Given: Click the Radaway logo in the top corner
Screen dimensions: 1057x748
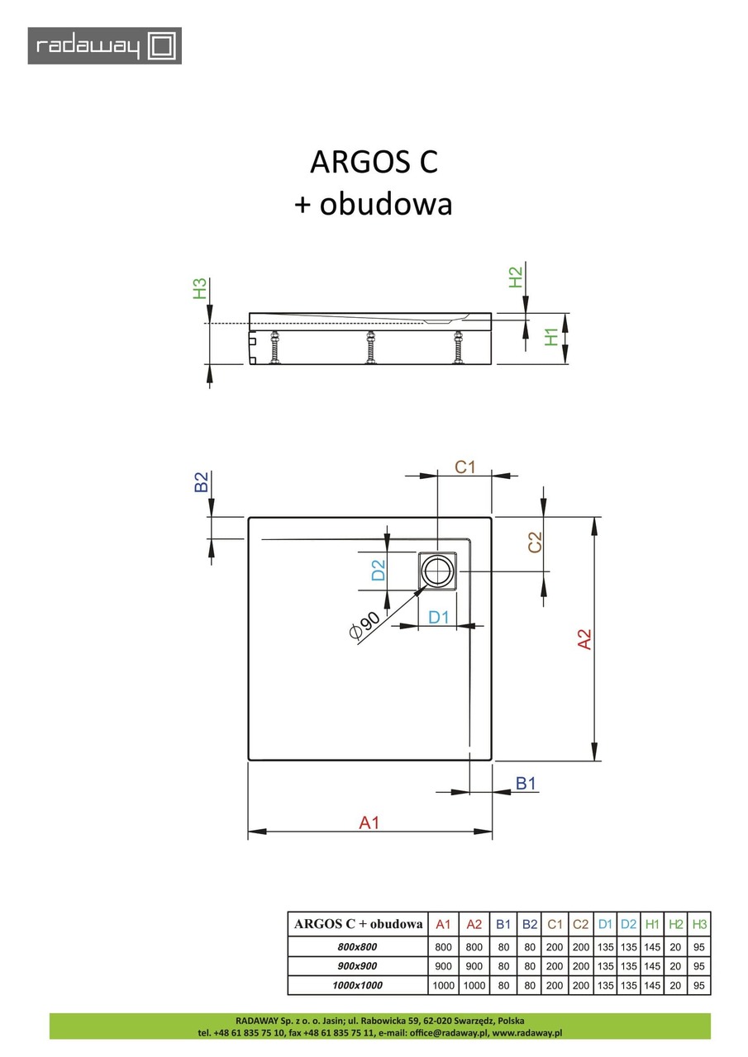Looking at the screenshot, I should click(x=105, y=45).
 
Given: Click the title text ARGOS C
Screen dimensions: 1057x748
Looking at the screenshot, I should click(x=374, y=162).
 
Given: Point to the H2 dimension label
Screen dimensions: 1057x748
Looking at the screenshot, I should click(x=516, y=277).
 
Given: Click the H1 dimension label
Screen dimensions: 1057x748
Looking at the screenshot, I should click(x=553, y=338).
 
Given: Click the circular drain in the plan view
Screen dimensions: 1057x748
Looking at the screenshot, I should click(x=437, y=570).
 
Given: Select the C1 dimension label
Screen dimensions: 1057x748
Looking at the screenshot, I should click(x=465, y=467).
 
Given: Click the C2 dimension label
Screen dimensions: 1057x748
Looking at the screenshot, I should click(x=535, y=542).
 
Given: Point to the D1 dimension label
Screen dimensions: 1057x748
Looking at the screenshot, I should click(x=437, y=616).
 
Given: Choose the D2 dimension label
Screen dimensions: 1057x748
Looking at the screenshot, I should click(x=378, y=570).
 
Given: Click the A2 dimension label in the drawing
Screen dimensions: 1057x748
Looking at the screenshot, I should click(x=584, y=639).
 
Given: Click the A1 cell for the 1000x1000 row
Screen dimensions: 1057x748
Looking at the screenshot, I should click(x=443, y=985).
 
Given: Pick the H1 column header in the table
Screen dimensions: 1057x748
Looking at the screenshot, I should click(x=652, y=923).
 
